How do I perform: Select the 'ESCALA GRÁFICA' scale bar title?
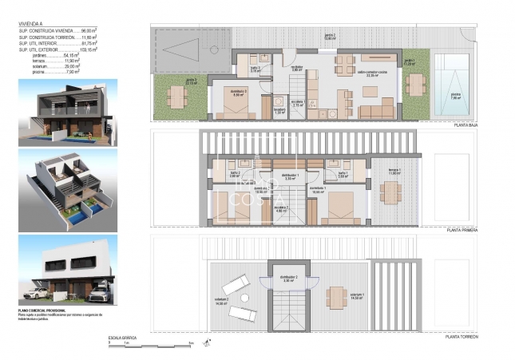(x=122, y=338)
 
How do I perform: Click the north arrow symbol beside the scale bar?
(x=207, y=342)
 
